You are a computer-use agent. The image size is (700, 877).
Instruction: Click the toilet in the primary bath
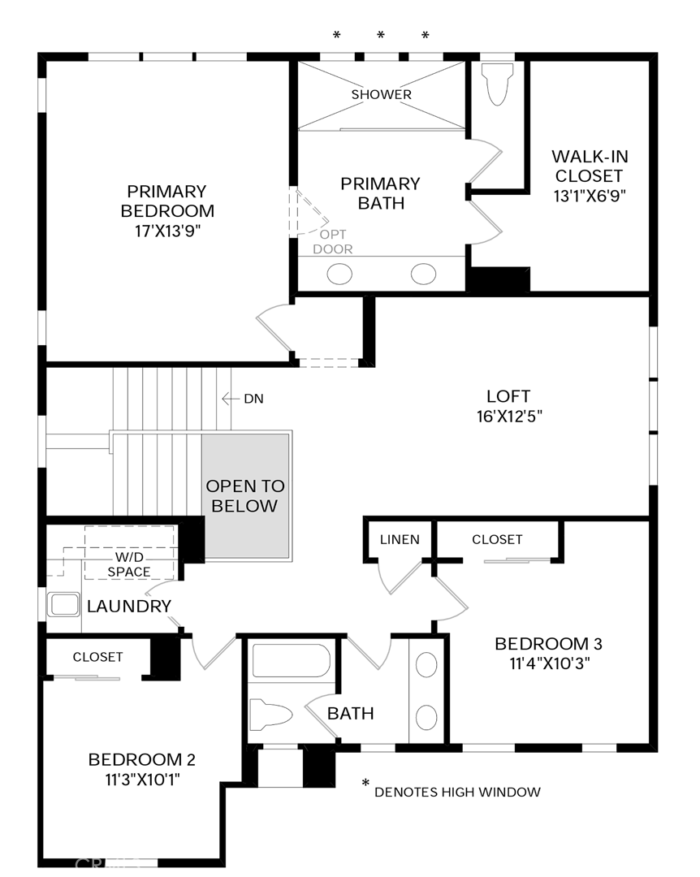(x=497, y=83)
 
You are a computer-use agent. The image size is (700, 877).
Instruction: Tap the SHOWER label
(x=381, y=94)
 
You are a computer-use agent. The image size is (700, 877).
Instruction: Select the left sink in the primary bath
(x=339, y=274)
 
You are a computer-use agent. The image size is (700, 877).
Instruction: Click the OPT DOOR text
(x=333, y=242)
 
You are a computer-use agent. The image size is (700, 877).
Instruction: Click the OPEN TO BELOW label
(x=245, y=496)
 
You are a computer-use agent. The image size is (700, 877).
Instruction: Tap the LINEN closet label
(x=400, y=540)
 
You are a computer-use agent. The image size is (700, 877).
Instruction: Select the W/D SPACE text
(x=129, y=564)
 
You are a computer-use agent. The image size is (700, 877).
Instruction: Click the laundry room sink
(x=64, y=605)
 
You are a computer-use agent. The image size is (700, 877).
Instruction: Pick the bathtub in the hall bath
(x=292, y=660)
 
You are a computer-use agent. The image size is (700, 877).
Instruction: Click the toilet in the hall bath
(x=270, y=715)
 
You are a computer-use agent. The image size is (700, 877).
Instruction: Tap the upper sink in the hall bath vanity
(x=426, y=665)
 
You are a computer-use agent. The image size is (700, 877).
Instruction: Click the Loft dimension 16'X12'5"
(x=509, y=417)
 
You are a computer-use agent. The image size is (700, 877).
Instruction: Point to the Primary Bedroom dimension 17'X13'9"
(x=167, y=231)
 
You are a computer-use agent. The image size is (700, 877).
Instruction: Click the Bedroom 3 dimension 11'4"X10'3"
(x=550, y=664)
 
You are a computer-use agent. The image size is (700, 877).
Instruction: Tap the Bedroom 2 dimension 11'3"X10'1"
(x=143, y=780)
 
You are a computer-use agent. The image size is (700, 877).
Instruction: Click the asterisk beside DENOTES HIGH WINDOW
(x=365, y=783)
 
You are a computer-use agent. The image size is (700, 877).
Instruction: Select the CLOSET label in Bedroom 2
(x=98, y=657)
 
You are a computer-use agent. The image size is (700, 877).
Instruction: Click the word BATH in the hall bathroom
(x=350, y=714)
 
